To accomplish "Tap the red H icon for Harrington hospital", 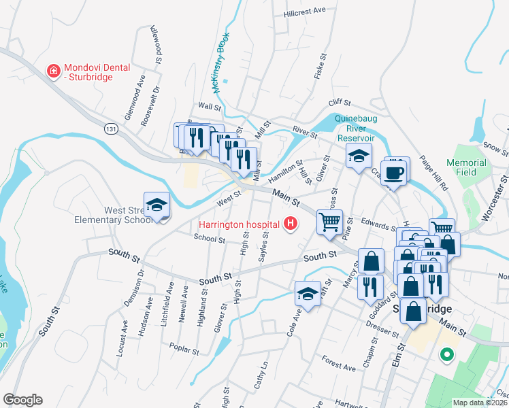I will tap(291, 223).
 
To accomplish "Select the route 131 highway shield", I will tap(111, 128).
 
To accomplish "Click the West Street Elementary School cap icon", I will tap(157, 205).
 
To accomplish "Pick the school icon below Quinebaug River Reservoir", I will tap(359, 156).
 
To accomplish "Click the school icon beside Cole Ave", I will tap(308, 294).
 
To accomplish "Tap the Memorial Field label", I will tap(466, 168).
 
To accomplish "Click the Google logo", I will tap(22, 400).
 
